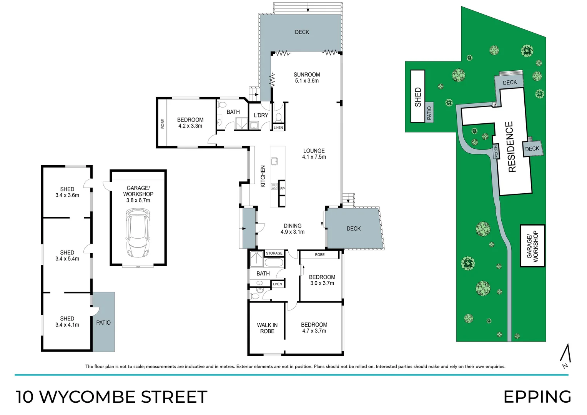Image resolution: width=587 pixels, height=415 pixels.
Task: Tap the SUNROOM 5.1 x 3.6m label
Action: (307, 78)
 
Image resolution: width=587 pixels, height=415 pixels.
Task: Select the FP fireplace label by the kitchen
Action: (282, 189)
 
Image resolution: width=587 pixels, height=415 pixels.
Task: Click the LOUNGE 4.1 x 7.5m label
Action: (314, 154)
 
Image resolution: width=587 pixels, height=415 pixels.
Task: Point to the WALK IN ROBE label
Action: (267, 328)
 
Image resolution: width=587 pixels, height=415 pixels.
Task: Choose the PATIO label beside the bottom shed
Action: (103, 323)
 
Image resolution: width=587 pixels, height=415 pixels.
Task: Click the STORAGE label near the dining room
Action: (274, 253)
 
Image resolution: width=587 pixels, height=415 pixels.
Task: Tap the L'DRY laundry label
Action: (261, 115)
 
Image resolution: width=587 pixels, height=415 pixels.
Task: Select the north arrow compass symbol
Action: (565, 356)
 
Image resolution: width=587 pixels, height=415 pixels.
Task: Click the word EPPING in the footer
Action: (537, 397)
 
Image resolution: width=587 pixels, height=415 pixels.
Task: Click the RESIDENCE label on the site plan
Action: (511, 147)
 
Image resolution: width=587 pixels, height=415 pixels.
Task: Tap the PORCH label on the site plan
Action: (496, 151)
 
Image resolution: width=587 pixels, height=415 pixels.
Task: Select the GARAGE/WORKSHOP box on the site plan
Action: (532, 246)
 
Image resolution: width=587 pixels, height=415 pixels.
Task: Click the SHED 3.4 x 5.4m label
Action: (67, 256)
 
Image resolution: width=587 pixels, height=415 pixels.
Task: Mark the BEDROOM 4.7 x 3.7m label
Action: (314, 328)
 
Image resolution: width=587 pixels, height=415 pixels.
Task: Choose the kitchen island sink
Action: (274, 161)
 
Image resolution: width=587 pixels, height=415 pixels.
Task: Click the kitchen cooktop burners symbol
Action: (274, 186)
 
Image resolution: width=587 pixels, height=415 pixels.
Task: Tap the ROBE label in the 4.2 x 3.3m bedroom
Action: (163, 124)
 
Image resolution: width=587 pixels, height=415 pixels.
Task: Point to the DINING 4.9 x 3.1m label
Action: (293, 229)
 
